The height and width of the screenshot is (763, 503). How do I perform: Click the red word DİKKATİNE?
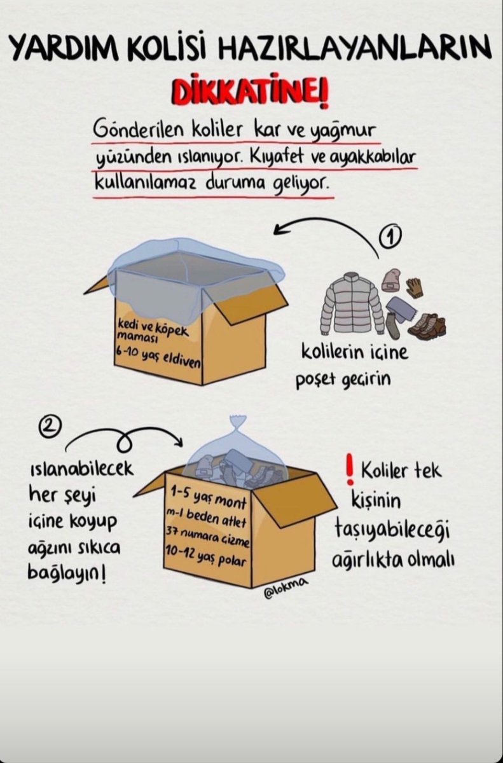point(251,93)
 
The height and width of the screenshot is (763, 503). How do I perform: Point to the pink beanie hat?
point(390,280)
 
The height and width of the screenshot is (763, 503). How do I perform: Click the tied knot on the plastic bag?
point(238,422)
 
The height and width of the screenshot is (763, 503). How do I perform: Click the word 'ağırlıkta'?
point(368,561)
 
